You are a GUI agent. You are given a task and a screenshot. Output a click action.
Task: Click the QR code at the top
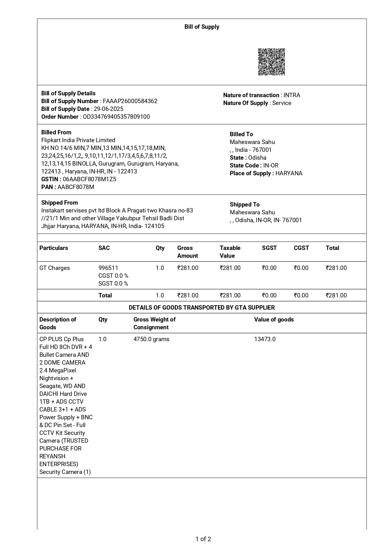271,62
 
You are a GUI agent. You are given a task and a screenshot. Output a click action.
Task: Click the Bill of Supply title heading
202,27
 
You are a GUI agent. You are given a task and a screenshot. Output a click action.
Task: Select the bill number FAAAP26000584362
130,101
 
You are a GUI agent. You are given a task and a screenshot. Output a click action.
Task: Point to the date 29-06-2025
108,109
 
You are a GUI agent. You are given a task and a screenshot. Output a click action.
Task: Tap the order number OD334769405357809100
116,117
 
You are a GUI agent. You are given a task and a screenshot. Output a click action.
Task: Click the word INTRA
292,95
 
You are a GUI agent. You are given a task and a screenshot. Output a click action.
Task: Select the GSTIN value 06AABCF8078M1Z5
89,179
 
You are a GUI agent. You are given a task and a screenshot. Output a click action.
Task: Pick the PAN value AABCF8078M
76,187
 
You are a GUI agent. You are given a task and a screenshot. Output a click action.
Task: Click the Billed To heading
241,134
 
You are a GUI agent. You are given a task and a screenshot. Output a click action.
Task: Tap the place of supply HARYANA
289,173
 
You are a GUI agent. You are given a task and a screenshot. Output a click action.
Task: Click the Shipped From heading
59,203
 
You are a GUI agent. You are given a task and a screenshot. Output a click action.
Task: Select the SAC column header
104,248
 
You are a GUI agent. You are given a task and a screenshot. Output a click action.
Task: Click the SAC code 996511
108,268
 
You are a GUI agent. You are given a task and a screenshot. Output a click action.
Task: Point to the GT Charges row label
55,268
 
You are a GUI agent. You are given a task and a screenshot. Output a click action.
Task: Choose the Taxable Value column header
230,252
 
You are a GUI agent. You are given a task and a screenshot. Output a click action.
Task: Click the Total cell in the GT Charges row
336,268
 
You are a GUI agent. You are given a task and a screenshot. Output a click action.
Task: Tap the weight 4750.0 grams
151,339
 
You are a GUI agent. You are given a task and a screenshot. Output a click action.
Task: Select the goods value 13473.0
265,339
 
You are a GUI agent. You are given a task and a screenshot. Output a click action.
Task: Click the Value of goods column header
274,320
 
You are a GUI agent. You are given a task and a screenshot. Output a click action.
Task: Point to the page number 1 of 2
203,539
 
